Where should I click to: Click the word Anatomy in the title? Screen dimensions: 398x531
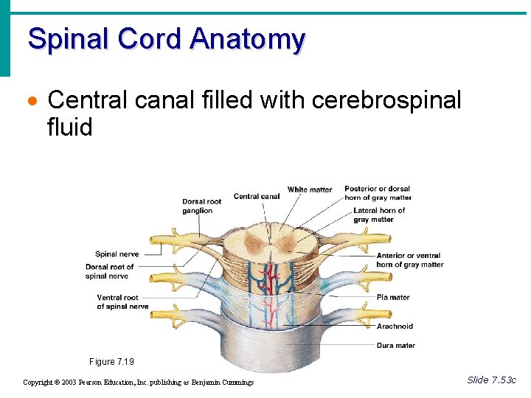246,38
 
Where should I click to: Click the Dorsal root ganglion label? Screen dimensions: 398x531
202,206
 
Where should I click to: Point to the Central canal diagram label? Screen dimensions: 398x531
257,196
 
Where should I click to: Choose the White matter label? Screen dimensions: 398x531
310,189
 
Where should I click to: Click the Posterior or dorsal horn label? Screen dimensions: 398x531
378,193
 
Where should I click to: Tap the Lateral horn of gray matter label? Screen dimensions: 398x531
378,215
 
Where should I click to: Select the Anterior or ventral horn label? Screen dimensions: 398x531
409,260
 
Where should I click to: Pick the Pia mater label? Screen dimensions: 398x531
393,298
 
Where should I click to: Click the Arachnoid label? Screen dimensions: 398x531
395,327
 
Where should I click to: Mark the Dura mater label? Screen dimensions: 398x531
395,346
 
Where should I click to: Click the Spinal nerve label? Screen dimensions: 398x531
117,254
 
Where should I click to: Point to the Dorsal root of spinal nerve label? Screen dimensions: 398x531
109,271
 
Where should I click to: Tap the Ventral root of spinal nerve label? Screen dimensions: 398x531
122,302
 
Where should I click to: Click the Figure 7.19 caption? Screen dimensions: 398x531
111,362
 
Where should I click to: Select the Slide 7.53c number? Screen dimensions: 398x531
492,380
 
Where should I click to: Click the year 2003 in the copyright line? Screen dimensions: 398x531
68,383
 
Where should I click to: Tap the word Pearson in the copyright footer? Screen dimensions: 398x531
91,383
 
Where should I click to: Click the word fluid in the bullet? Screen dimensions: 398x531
69,128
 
